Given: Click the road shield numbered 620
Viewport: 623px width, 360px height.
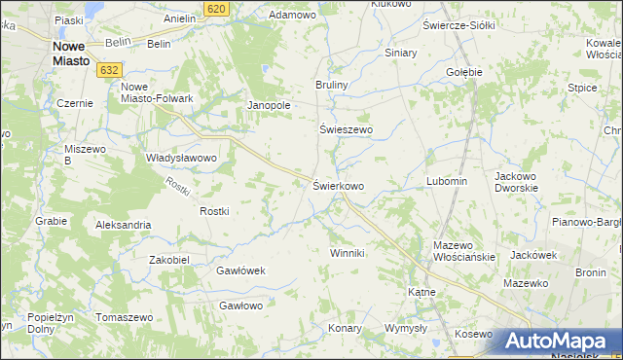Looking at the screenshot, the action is pyautogui.click(x=218, y=8).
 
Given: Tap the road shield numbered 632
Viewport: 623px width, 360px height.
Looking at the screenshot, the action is pyautogui.click(x=109, y=69).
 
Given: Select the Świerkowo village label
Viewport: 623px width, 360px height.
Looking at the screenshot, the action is pyautogui.click(x=339, y=185).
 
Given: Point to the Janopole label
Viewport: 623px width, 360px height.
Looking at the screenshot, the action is pyautogui.click(x=270, y=105).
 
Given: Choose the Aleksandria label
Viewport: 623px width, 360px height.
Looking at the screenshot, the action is pyautogui.click(x=123, y=225).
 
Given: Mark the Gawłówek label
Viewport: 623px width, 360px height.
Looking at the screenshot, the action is pyautogui.click(x=240, y=270).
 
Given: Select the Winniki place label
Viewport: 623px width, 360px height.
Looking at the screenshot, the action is pyautogui.click(x=347, y=253).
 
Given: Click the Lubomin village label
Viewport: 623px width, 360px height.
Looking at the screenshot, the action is pyautogui.click(x=447, y=182).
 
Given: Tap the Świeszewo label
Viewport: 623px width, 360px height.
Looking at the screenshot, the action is pyautogui.click(x=348, y=129).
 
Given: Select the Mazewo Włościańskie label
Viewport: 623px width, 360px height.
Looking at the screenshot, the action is pyautogui.click(x=465, y=251).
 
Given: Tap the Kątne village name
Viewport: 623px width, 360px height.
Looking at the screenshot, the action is pyautogui.click(x=421, y=291).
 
